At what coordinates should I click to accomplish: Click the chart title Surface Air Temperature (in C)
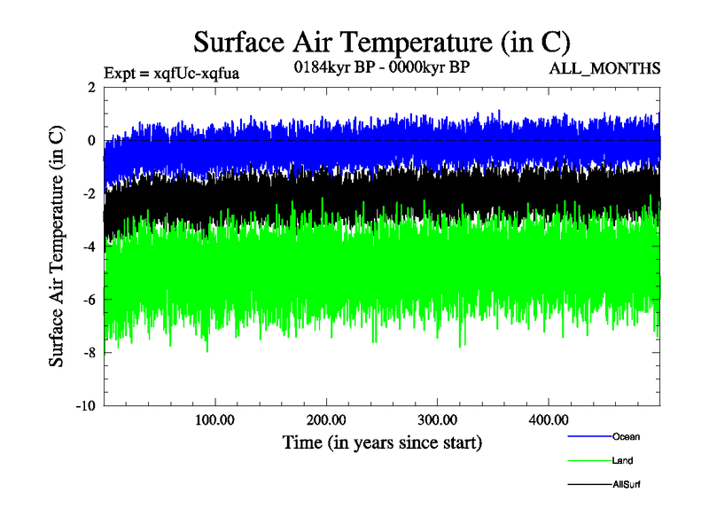click(x=381, y=42)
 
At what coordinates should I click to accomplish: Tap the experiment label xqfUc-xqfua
click(x=172, y=73)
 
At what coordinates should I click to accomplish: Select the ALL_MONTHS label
click(x=605, y=68)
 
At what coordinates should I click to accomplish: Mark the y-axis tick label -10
click(x=86, y=406)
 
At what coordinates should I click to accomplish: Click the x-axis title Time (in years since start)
click(x=382, y=442)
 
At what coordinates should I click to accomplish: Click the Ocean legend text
click(x=626, y=436)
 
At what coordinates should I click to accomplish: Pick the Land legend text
click(x=622, y=460)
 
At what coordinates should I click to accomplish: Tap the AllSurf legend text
click(x=626, y=484)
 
